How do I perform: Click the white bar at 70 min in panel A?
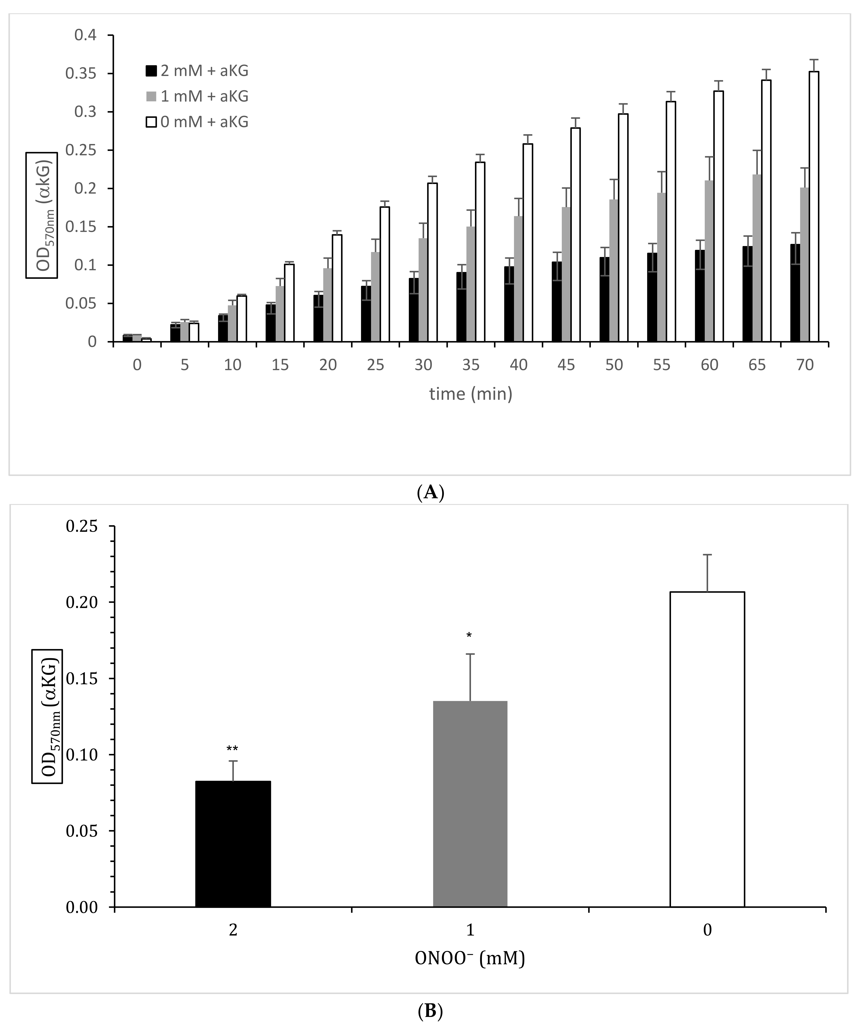(x=814, y=206)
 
